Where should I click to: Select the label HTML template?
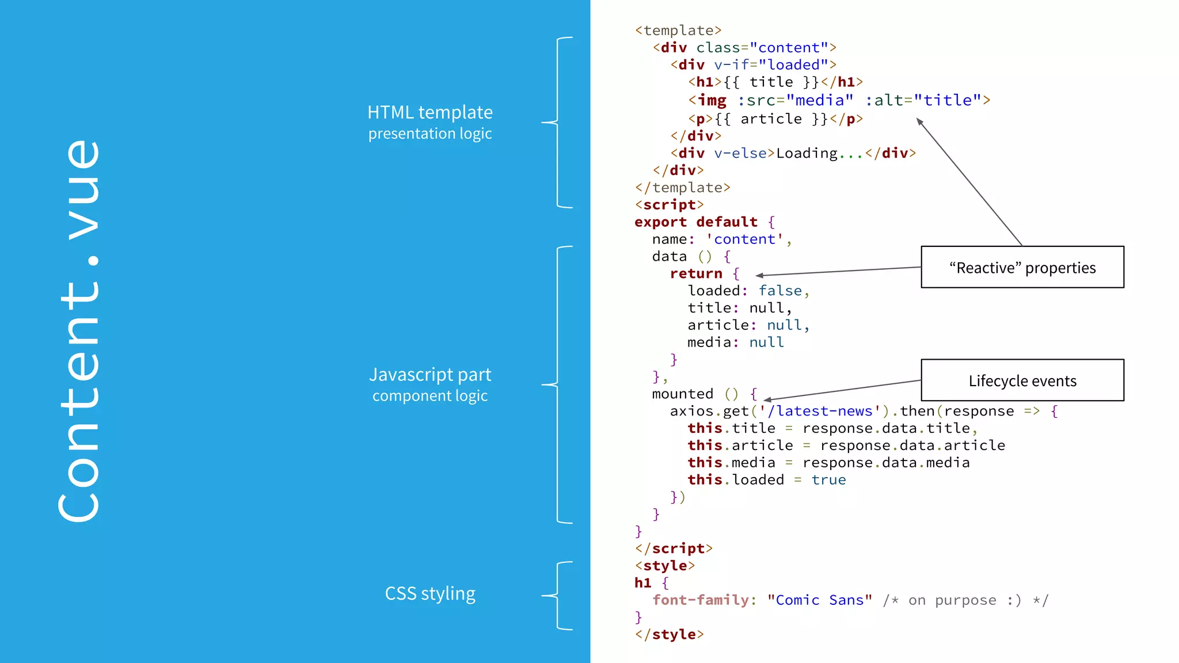coord(430,112)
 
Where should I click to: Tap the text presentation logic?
coord(430,134)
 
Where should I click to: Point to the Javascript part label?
coord(430,375)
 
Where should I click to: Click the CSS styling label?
coord(430,593)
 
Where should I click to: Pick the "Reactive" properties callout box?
coord(1022,268)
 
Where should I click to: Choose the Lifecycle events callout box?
coord(1022,380)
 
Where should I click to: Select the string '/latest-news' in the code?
coord(820,411)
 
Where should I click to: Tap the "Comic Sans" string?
coord(820,600)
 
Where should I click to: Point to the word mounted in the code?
coord(682,394)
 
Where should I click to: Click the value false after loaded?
coord(780,291)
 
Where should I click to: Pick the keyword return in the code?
coord(696,274)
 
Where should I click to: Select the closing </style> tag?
coord(669,635)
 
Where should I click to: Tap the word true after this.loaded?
coord(828,480)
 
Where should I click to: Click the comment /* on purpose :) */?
coord(965,600)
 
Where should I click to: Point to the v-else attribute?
coord(740,153)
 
